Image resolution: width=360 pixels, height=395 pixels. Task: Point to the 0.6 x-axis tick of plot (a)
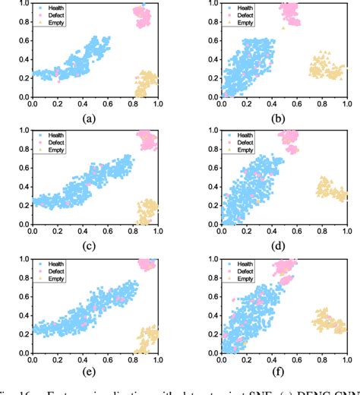pyautogui.click(x=108, y=103)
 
